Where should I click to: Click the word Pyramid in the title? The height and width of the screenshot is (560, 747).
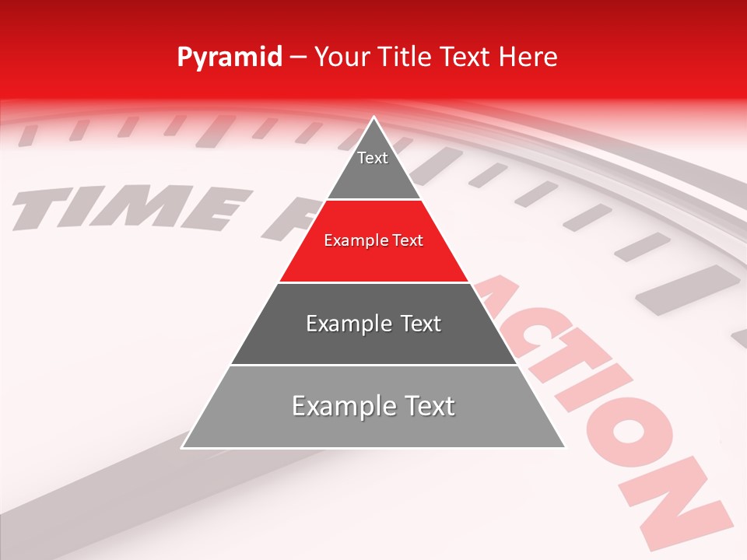pos(230,58)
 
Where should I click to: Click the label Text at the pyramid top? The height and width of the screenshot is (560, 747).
pos(373,158)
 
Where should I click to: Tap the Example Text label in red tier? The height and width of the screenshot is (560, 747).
pos(373,240)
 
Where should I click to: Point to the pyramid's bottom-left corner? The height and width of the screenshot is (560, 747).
pos(183,447)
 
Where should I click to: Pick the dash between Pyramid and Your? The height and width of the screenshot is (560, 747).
pos(298,58)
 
